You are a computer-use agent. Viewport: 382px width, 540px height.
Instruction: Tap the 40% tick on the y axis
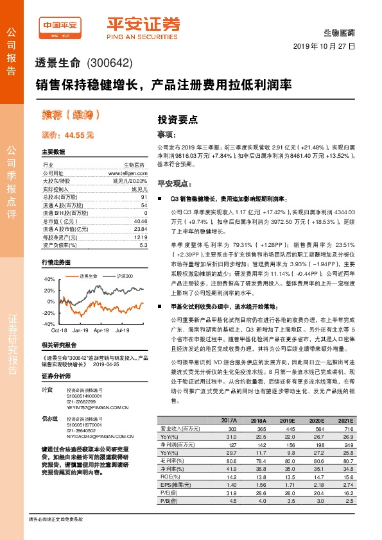(49, 280)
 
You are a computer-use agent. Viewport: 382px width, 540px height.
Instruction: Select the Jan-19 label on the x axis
(81, 330)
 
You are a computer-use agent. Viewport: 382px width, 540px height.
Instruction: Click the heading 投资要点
(177, 119)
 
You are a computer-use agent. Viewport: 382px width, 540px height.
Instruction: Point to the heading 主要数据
(53, 152)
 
